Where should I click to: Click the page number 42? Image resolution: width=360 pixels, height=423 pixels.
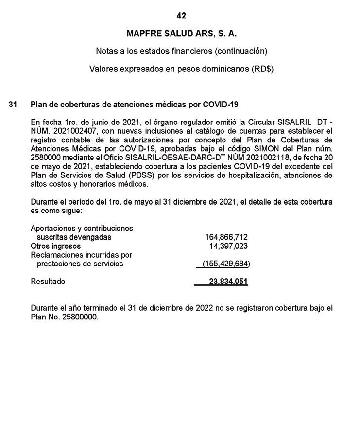181,16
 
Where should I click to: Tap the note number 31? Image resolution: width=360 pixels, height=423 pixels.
13,105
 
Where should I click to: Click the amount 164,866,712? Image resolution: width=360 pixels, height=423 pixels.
226,237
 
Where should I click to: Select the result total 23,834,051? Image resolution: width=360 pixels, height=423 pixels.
228,282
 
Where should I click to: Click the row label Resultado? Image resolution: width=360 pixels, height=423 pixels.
48,282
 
